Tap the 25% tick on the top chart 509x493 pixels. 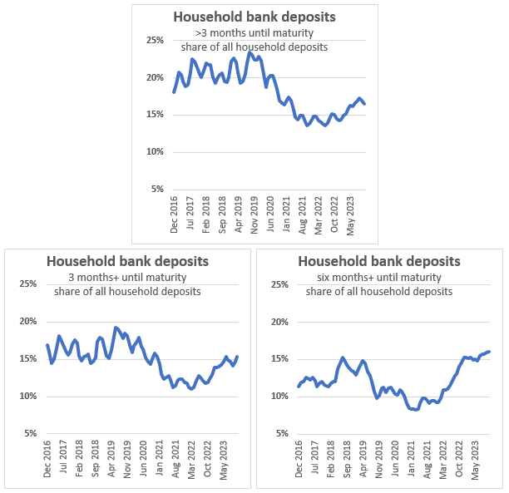point(154,40)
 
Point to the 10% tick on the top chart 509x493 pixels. point(154,151)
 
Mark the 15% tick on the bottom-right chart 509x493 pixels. point(279,358)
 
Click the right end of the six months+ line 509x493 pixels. point(489,351)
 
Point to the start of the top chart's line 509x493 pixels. point(173,92)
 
